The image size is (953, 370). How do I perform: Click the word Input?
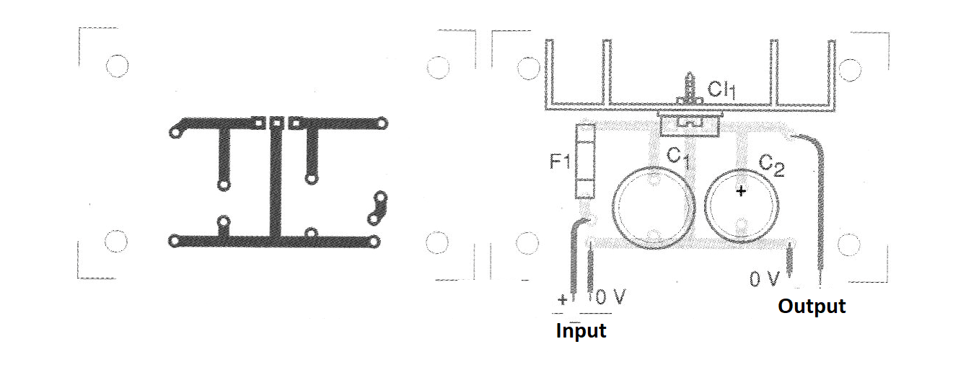581,331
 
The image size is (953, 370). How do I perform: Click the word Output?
812,307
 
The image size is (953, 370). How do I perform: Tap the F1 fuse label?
559,162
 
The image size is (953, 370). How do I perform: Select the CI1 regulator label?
721,89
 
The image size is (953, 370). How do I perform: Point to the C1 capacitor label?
677,157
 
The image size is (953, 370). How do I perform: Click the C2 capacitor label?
772,165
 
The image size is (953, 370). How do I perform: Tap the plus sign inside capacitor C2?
741,191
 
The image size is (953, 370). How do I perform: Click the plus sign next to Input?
563,300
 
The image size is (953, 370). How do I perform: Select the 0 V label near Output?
765,279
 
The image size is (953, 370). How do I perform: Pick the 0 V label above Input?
611,297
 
